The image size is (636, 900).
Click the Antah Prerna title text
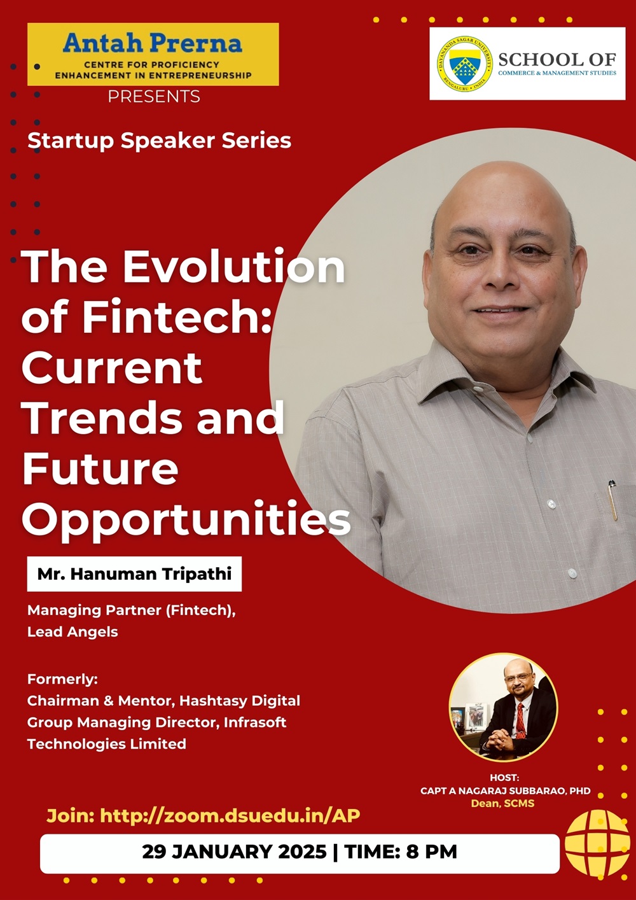pyautogui.click(x=153, y=43)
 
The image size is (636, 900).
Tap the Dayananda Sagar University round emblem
pyautogui.click(x=464, y=64)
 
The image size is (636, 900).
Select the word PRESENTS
pyautogui.click(x=154, y=97)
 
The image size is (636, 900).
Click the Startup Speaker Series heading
pyautogui.click(x=160, y=141)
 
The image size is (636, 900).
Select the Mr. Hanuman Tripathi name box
pyautogui.click(x=134, y=573)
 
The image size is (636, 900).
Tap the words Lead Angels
pyautogui.click(x=73, y=632)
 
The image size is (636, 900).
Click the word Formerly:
pyautogui.click(x=62, y=679)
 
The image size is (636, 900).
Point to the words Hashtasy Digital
pyautogui.click(x=240, y=701)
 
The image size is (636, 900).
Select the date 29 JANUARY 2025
pyautogui.click(x=234, y=852)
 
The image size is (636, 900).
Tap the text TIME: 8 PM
pyautogui.click(x=401, y=852)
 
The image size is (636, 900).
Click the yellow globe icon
pyautogui.click(x=597, y=843)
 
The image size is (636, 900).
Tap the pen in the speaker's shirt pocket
pyautogui.click(x=612, y=500)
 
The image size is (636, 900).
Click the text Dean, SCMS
pyautogui.click(x=502, y=803)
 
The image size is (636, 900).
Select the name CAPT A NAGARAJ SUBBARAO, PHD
pyautogui.click(x=506, y=791)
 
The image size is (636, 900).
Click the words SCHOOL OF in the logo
pyautogui.click(x=557, y=60)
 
